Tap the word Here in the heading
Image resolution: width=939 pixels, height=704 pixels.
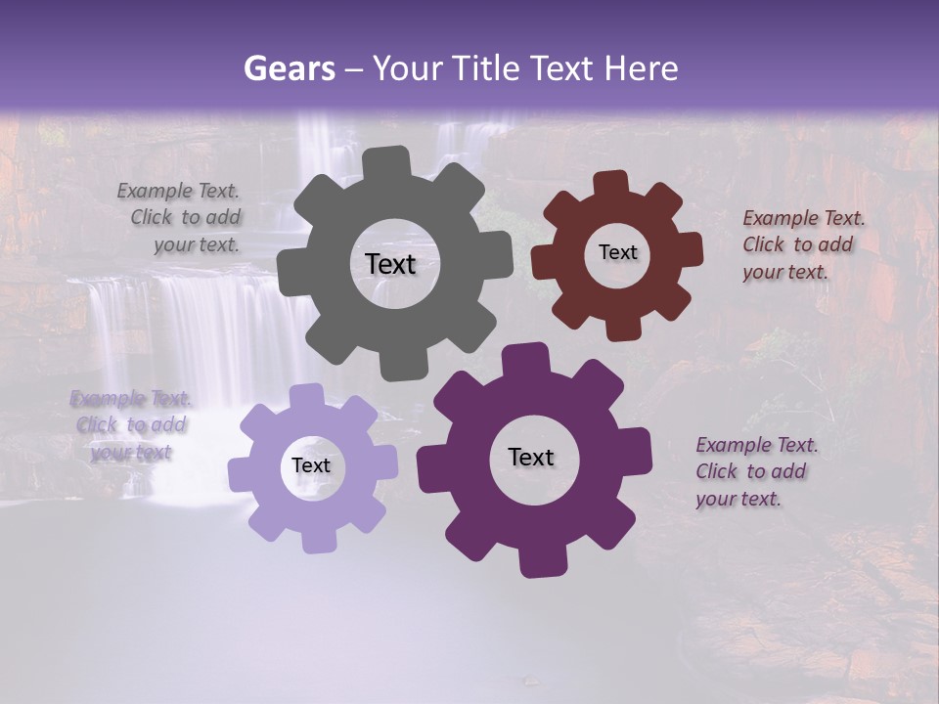click(x=642, y=68)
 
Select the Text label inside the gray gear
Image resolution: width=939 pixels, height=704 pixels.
click(x=390, y=264)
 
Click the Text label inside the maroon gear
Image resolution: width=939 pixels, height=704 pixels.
click(x=617, y=252)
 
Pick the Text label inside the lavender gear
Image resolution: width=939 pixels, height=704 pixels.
click(x=311, y=465)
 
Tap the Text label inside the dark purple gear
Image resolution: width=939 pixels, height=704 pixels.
click(x=531, y=457)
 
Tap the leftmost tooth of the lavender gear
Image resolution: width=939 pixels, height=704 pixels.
click(x=241, y=475)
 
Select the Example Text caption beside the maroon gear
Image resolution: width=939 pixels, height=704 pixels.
click(x=802, y=244)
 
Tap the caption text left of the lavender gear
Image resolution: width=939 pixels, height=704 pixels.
click(x=131, y=425)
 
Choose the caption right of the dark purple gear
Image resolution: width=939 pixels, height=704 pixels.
click(x=755, y=471)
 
